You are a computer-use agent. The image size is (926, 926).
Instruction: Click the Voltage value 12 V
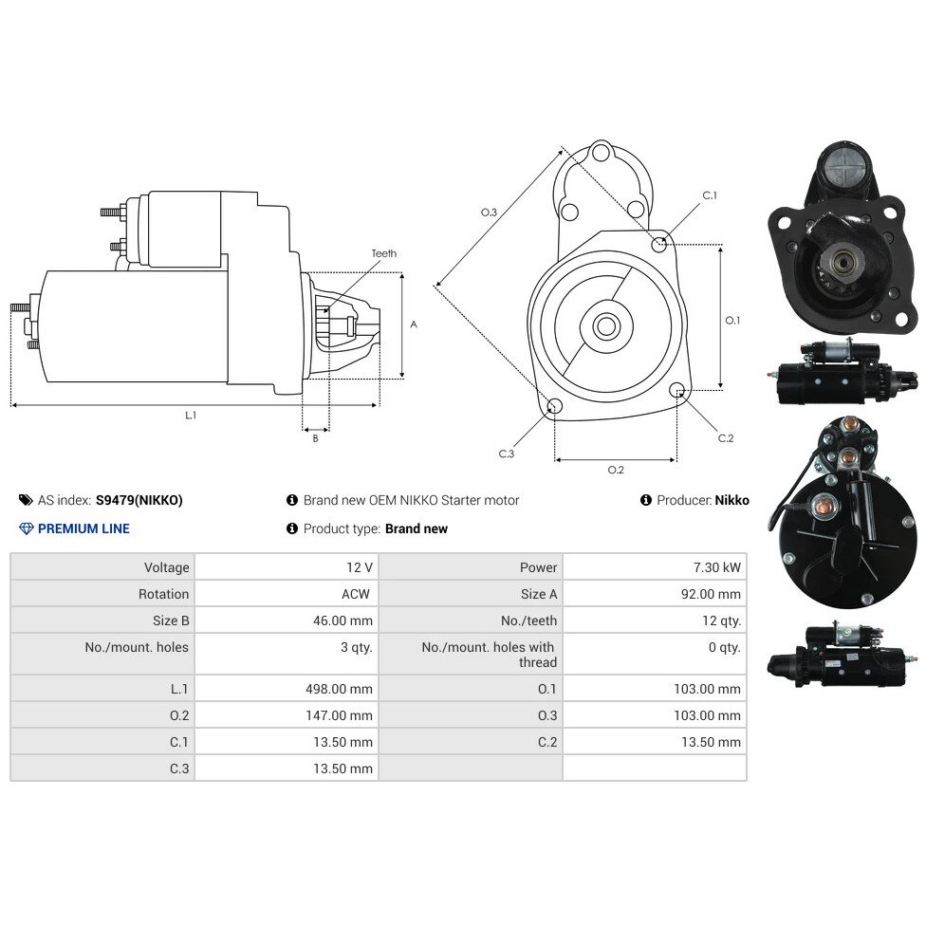(x=359, y=567)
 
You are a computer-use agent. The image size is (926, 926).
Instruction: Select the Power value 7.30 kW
(x=717, y=567)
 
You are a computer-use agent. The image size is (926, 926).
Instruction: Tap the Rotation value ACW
(x=356, y=594)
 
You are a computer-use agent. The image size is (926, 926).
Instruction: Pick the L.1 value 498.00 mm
(x=339, y=689)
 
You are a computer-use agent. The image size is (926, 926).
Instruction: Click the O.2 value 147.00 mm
(x=339, y=715)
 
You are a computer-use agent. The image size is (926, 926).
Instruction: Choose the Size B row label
(x=171, y=620)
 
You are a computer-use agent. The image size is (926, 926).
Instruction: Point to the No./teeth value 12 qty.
(x=722, y=620)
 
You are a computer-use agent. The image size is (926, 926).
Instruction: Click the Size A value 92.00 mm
(x=711, y=594)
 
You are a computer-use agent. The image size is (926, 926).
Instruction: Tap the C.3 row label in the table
(x=179, y=769)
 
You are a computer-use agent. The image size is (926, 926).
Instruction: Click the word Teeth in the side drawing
(x=384, y=253)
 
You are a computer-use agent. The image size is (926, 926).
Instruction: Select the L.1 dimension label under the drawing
(x=190, y=416)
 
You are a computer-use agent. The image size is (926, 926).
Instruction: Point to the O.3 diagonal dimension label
(x=489, y=212)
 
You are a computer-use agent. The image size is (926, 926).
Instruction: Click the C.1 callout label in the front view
(x=710, y=194)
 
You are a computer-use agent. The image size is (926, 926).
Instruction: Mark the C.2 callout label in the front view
(x=726, y=438)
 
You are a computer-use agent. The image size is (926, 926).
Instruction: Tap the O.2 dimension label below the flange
(x=616, y=470)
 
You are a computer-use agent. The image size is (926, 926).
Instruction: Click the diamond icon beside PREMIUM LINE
(x=26, y=528)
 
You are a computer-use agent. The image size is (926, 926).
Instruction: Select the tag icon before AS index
(x=26, y=500)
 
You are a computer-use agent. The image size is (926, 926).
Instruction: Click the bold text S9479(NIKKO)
(x=139, y=500)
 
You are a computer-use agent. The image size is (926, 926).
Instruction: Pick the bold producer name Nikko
(x=732, y=500)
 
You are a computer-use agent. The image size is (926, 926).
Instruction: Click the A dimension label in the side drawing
(x=414, y=324)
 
